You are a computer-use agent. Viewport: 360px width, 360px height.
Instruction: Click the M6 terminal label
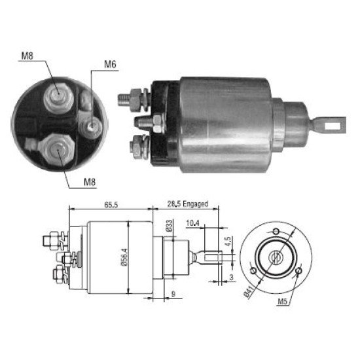(x=110, y=64)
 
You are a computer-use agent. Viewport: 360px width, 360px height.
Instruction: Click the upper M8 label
(x=27, y=56)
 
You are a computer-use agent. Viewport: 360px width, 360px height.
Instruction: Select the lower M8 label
(x=90, y=182)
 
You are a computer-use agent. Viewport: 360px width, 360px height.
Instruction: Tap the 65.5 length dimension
(x=111, y=205)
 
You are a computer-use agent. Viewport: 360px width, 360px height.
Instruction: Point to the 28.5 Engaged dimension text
(x=188, y=204)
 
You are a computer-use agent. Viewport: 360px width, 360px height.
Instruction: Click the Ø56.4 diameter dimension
(x=124, y=257)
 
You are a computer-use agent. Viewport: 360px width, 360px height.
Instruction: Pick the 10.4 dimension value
(x=192, y=223)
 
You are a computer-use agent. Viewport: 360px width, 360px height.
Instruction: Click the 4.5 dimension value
(x=228, y=242)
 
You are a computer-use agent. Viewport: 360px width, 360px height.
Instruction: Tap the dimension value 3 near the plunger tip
(x=232, y=277)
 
